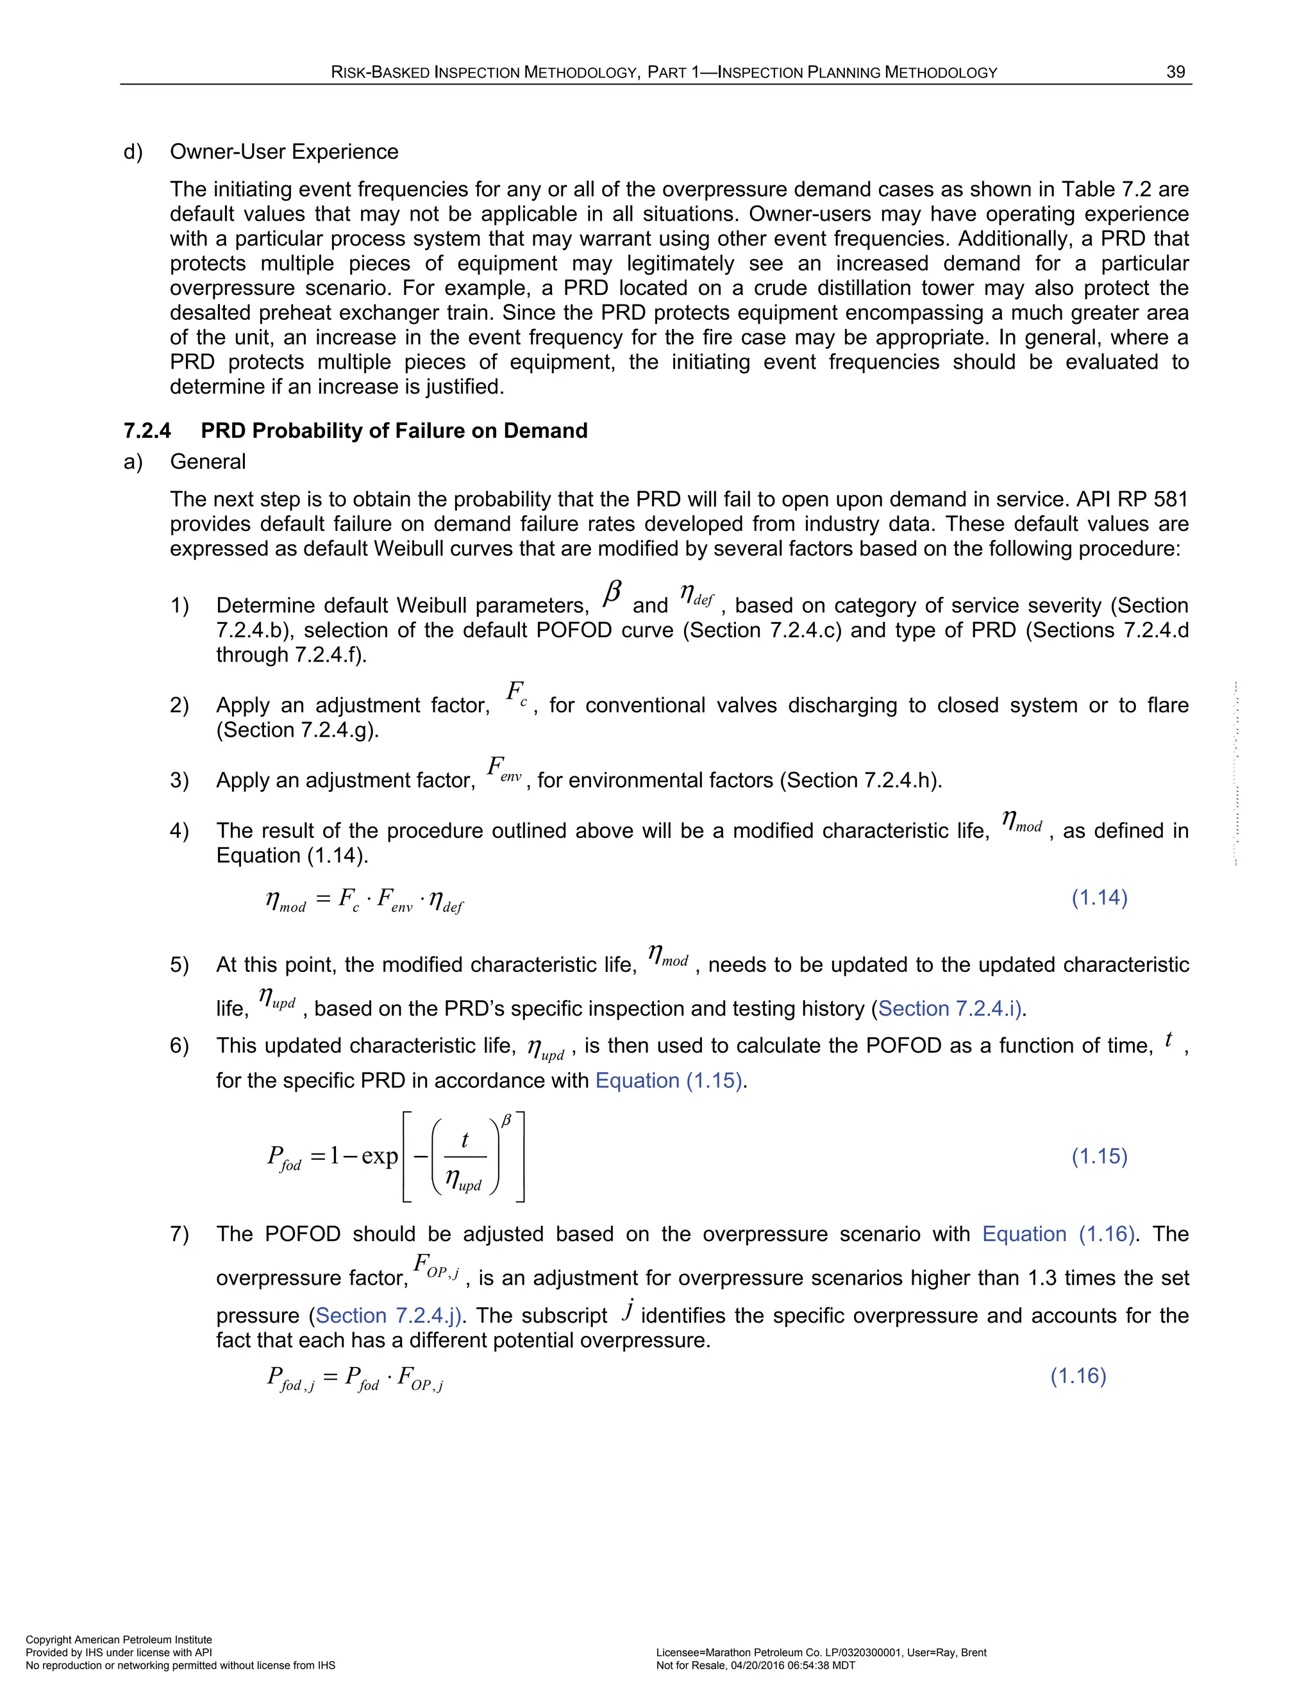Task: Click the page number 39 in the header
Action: point(1175,72)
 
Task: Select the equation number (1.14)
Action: point(1099,898)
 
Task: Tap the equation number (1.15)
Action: point(1099,1156)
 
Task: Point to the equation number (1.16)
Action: point(1078,1375)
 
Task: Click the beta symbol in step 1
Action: point(612,594)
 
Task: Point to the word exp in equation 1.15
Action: point(380,1157)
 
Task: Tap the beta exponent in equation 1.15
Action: point(506,1120)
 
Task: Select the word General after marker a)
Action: point(208,462)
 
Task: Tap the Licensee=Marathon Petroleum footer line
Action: point(821,1652)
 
